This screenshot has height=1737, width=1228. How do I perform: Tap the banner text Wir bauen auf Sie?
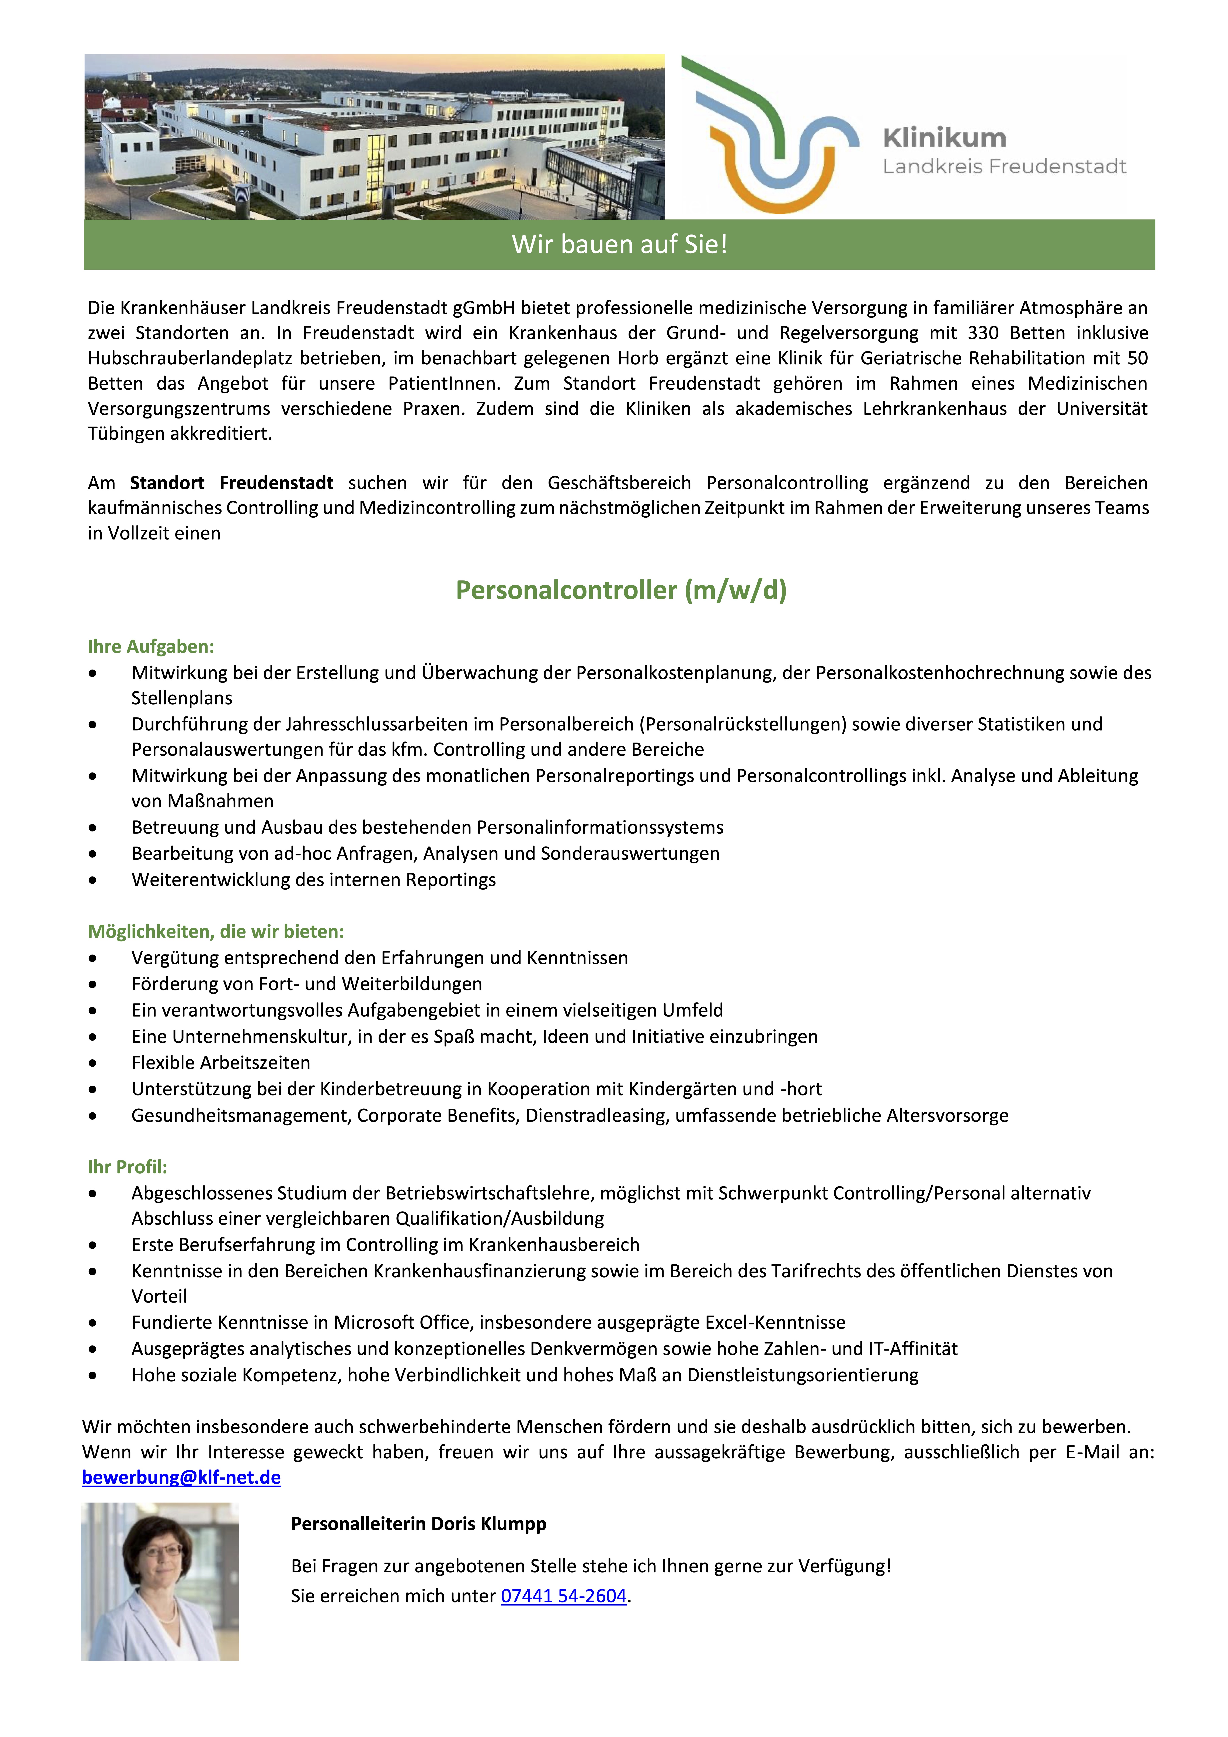pos(619,244)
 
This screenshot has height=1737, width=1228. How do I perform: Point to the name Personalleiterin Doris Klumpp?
pos(418,1524)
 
